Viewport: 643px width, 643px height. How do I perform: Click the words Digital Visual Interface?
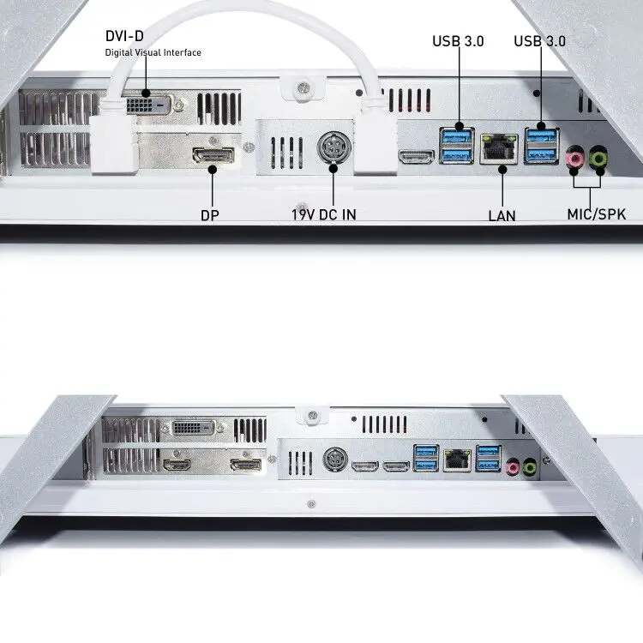[153, 52]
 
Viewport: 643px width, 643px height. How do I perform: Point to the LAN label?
[502, 215]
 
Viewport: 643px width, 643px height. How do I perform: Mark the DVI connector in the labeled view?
[147, 105]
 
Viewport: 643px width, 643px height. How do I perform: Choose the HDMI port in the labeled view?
[417, 157]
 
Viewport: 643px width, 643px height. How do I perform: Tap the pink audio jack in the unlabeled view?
[512, 467]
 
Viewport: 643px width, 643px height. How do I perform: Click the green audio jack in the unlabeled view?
[531, 467]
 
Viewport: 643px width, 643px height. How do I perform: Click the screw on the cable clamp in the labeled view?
[302, 87]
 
